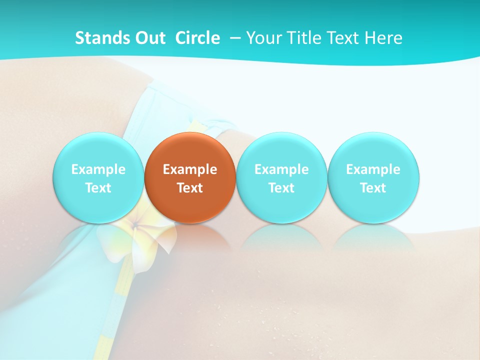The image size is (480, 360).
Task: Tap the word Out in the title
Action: (149, 38)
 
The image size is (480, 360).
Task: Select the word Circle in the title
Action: (197, 38)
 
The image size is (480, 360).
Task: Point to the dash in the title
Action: (234, 38)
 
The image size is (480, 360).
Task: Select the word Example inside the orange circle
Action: (190, 169)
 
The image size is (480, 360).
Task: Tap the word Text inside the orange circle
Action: (190, 188)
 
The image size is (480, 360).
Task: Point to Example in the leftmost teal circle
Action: (98, 169)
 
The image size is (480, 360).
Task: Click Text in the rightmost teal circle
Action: (373, 188)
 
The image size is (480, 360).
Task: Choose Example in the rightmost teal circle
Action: (373, 169)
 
